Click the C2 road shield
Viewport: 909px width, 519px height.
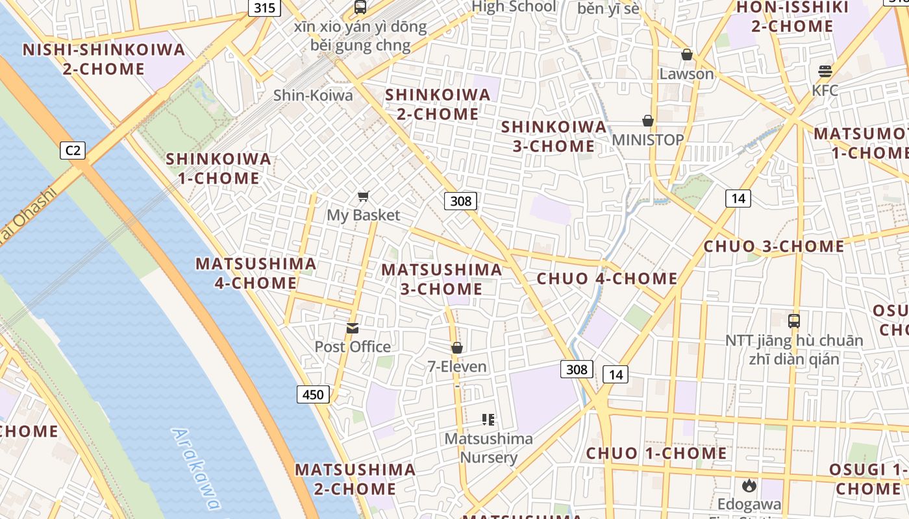pos(73,151)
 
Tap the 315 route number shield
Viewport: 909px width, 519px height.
pos(265,8)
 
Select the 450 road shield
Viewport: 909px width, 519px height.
pos(314,394)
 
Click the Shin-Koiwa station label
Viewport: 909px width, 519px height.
pos(313,95)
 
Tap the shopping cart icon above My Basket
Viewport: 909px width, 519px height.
pos(364,196)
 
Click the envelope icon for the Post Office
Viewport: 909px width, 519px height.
pos(353,328)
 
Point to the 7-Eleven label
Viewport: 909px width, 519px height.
pos(457,367)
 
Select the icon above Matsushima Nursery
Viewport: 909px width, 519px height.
pos(488,420)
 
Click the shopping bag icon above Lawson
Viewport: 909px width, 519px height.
pos(687,54)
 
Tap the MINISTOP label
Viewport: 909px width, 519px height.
pos(648,140)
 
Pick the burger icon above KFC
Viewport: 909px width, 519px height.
pos(825,71)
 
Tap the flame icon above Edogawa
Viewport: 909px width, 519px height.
pos(749,485)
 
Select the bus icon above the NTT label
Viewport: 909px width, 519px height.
pos(794,320)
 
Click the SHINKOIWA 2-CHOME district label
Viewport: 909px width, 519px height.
pos(438,104)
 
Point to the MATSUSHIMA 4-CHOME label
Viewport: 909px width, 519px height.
pos(256,273)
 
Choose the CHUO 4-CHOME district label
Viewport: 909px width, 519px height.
pos(607,279)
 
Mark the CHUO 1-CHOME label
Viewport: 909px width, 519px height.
pos(656,453)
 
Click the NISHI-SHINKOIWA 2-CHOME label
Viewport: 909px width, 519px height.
pos(104,59)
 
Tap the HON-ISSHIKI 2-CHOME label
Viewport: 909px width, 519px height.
pos(792,17)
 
